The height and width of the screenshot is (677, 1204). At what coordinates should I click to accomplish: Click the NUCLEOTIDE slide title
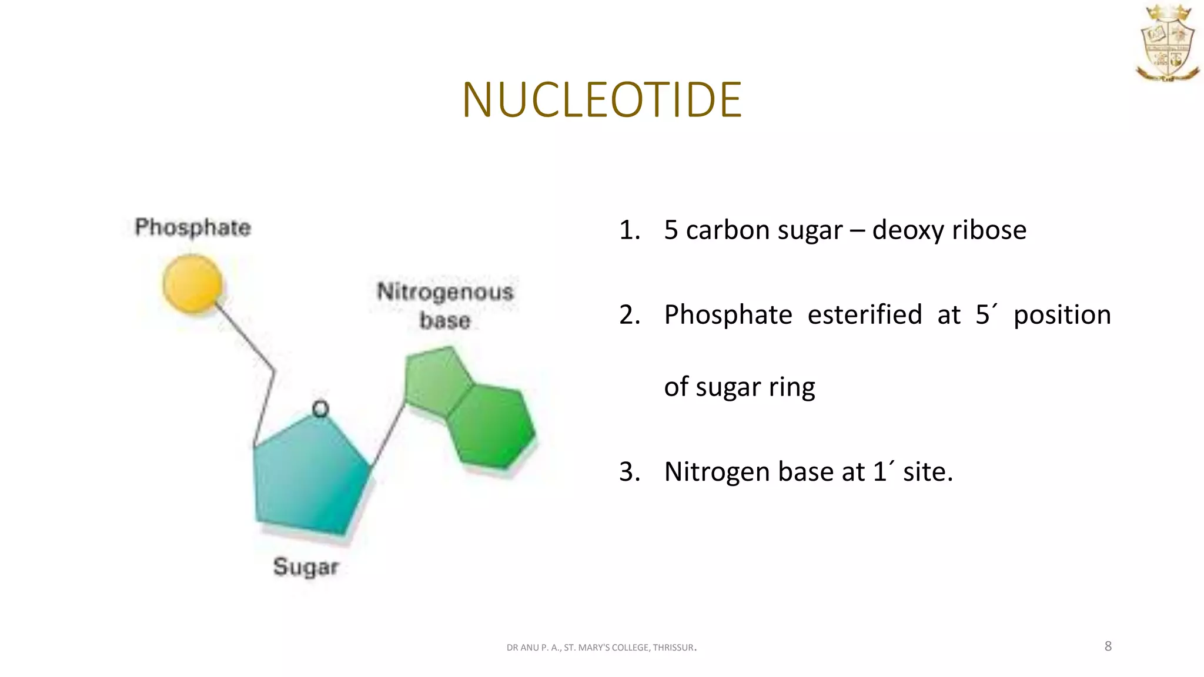tap(602, 100)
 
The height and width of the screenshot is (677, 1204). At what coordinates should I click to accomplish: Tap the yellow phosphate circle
tap(193, 284)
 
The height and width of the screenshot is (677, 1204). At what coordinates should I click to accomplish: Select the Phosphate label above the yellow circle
tap(193, 227)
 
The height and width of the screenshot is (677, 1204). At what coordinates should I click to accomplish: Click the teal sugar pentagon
tap(309, 476)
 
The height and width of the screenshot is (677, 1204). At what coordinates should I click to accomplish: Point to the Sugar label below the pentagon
tap(306, 567)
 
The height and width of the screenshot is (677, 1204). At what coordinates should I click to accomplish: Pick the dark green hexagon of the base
tap(491, 426)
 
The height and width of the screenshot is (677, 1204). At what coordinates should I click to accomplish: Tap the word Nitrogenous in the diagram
tap(445, 292)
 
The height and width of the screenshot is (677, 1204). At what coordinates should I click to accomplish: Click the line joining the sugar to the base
tap(388, 435)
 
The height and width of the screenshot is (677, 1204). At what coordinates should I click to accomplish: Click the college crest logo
tap(1167, 44)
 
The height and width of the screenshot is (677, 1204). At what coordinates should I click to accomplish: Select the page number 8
tap(1108, 646)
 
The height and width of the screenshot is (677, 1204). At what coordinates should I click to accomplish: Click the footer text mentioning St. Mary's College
tap(601, 648)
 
